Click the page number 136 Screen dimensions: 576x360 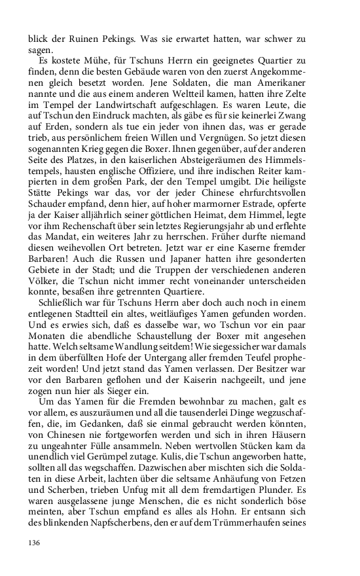click(34, 542)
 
